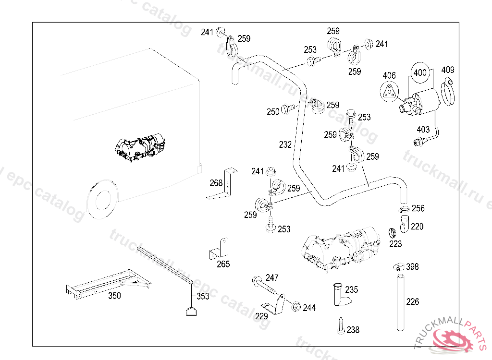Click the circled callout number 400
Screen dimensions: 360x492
(420, 72)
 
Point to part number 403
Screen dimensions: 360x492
(423, 130)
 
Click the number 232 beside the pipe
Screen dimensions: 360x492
(285, 144)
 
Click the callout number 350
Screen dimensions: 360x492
(114, 296)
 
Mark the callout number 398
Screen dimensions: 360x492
(413, 266)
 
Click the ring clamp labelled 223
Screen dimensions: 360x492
(392, 233)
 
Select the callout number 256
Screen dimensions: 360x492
(418, 208)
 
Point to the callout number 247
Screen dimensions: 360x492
(272, 278)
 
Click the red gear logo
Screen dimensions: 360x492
(455, 340)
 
